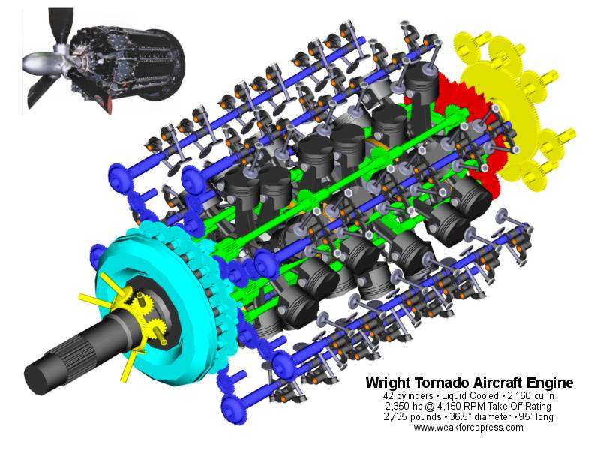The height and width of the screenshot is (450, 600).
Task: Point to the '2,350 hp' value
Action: (x=401, y=406)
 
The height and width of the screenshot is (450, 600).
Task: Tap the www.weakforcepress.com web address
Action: (x=468, y=427)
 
